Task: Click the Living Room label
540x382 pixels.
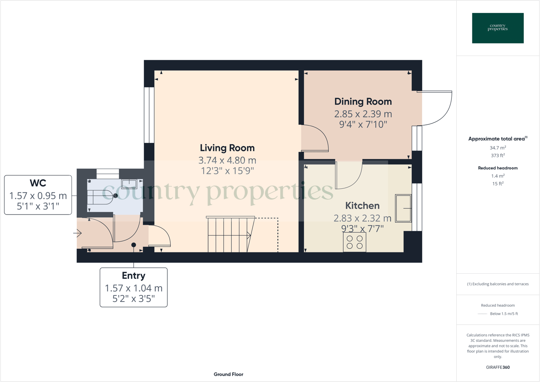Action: tap(227, 148)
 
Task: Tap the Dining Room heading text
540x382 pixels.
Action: tap(363, 101)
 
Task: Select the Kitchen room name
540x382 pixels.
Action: tap(362, 206)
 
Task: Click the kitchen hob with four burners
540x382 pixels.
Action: tap(355, 242)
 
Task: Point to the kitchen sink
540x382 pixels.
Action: tap(403, 208)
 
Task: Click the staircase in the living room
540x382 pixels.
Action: tap(230, 235)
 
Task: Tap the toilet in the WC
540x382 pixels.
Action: tap(101, 197)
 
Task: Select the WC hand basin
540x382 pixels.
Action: tap(129, 184)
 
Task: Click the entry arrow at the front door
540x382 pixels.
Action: tap(78, 233)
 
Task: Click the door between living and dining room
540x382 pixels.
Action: tap(315, 139)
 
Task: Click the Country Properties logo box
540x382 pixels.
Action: tap(498, 28)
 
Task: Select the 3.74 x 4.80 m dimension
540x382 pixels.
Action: tap(227, 160)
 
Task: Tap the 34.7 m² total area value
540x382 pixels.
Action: tap(498, 148)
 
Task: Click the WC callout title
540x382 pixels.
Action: tap(38, 183)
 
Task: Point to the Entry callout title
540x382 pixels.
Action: tap(134, 276)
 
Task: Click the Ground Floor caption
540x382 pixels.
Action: tap(228, 374)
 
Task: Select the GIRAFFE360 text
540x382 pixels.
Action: tap(498, 367)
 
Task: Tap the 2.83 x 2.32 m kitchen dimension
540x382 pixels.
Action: tap(362, 218)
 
